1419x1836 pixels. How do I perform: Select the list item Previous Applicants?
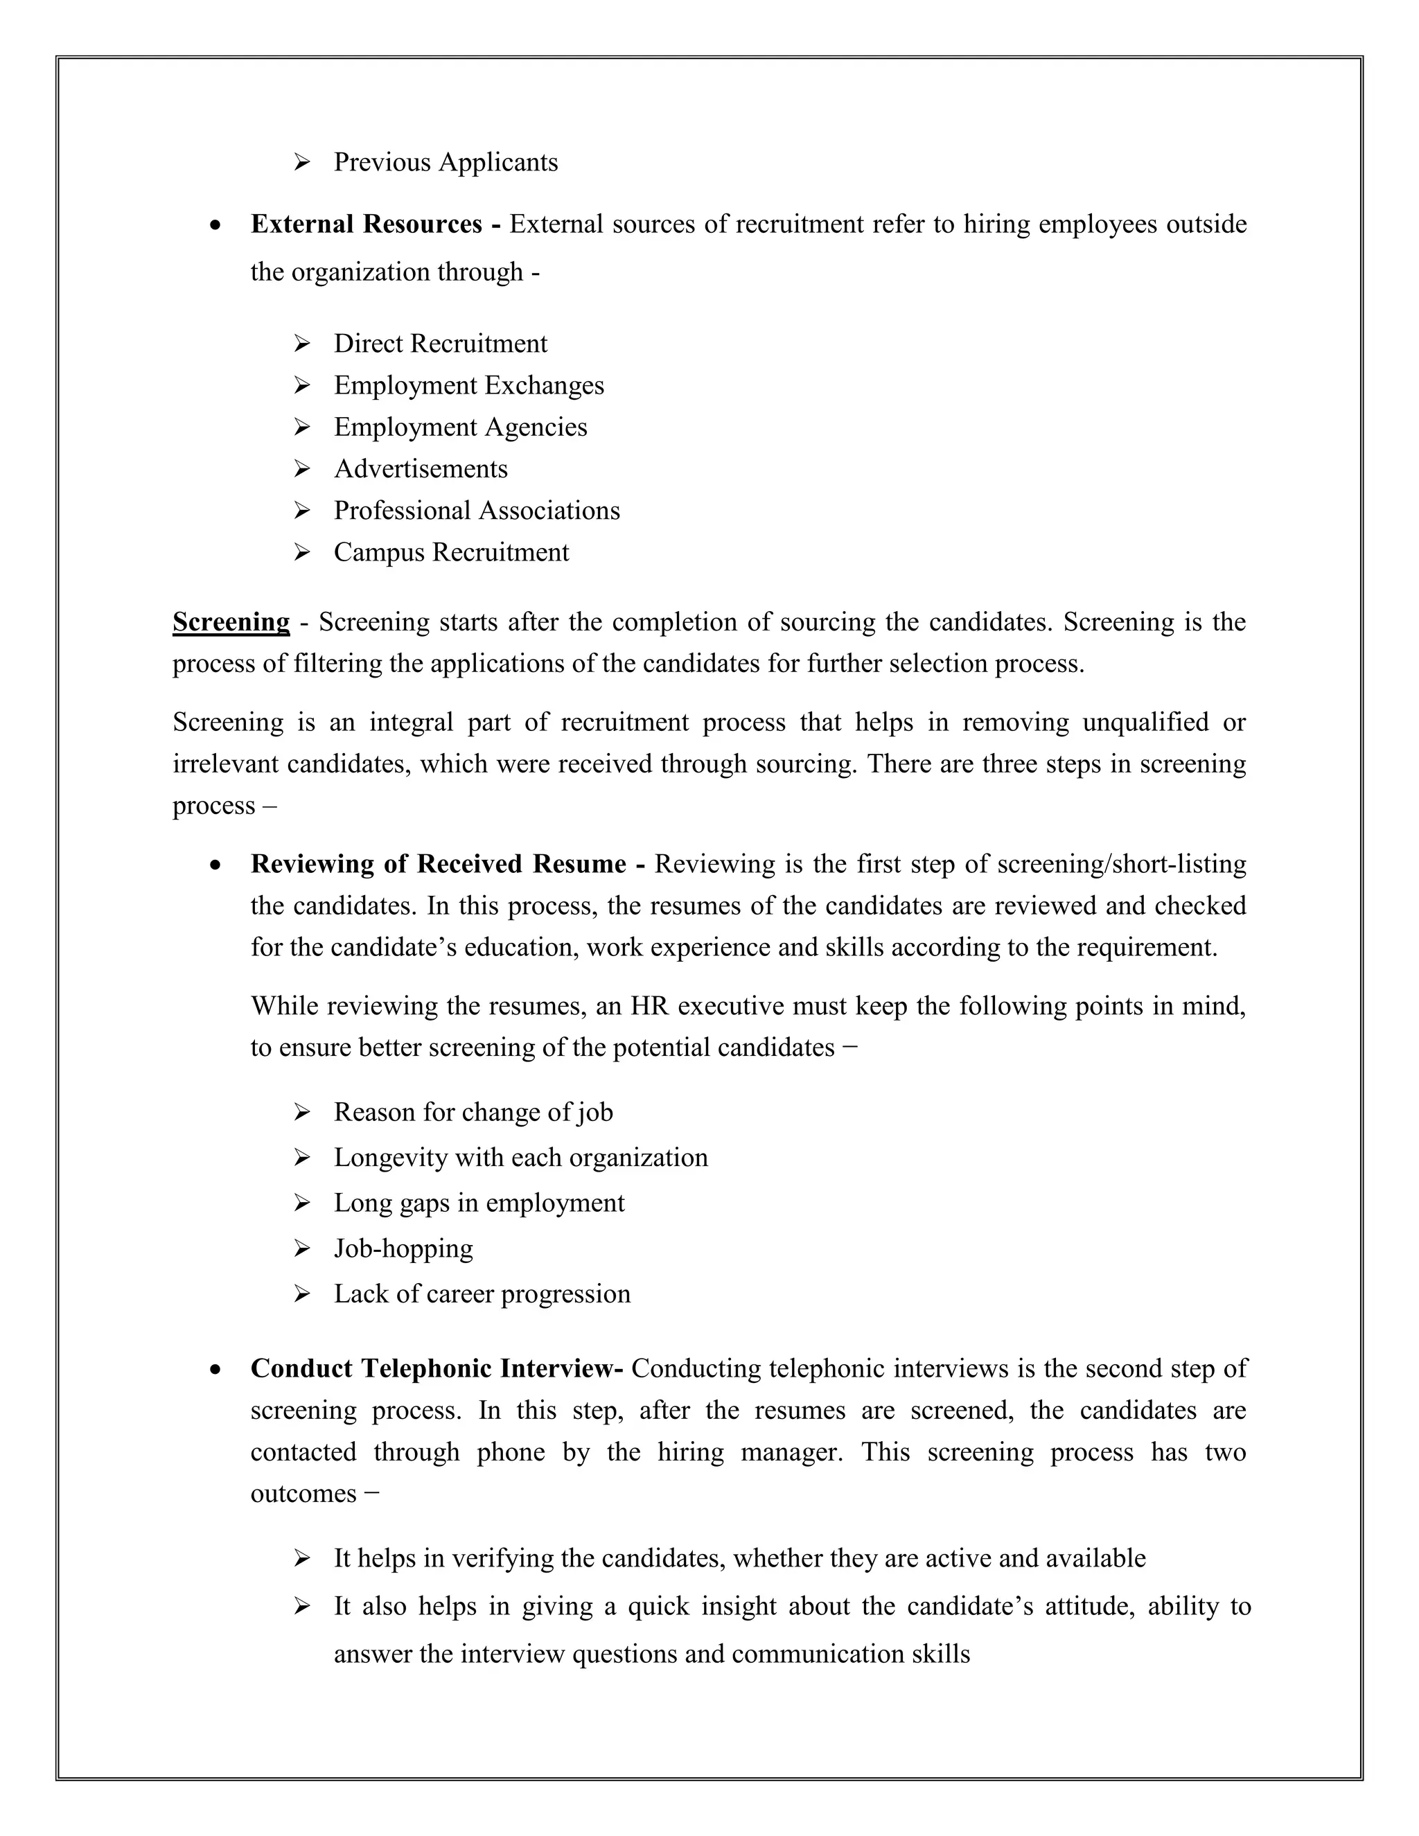pyautogui.click(x=446, y=162)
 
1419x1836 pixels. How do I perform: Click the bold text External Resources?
pyautogui.click(x=367, y=224)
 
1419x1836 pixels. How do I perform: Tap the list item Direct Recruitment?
pyautogui.click(x=440, y=344)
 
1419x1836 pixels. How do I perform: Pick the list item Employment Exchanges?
pyautogui.click(x=468, y=386)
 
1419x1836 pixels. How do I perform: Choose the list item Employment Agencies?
pyautogui.click(x=460, y=427)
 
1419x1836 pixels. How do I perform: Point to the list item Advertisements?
pyautogui.click(x=421, y=469)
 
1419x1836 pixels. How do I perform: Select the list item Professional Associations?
pyautogui.click(x=477, y=511)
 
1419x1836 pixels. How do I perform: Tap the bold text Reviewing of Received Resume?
pyautogui.click(x=438, y=864)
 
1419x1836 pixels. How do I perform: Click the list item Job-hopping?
pyautogui.click(x=403, y=1248)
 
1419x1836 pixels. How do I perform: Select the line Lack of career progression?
pyautogui.click(x=482, y=1294)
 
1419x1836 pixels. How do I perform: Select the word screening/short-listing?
pyautogui.click(x=1120, y=864)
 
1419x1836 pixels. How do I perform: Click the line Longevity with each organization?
pyautogui.click(x=520, y=1158)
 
